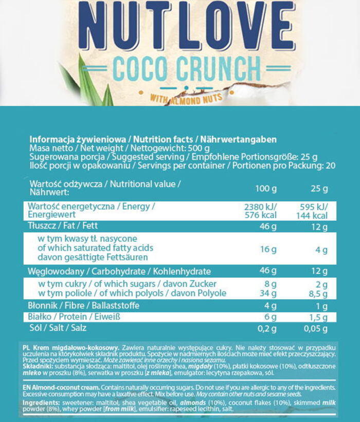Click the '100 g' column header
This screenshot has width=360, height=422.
tap(266, 189)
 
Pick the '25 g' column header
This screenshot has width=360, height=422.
tap(319, 189)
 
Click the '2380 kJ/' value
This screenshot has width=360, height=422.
tap(263, 206)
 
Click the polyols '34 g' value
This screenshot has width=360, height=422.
tap(268, 293)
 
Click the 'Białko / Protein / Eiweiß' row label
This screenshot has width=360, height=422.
tap(74, 317)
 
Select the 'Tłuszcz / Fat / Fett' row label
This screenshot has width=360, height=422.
tap(63, 225)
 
